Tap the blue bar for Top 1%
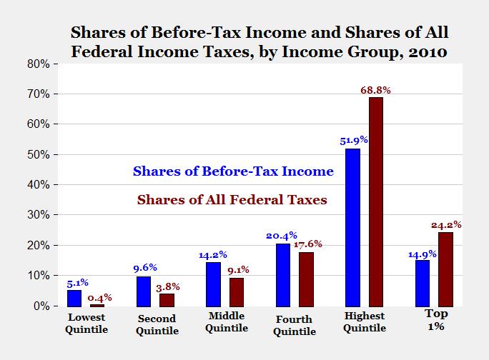coord(422,283)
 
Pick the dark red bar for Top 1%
coord(445,269)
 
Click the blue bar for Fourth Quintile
coord(282,274)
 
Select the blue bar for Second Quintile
coord(144,291)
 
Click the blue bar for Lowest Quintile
coord(74,298)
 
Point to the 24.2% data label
coord(446,224)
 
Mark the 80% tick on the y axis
coord(39,64)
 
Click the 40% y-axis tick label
coord(39,184)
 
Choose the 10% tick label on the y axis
coord(39,275)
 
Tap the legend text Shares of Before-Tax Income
coord(233,171)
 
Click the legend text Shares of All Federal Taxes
coord(232,200)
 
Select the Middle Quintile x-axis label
coord(226,322)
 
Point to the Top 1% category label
coord(437,320)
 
